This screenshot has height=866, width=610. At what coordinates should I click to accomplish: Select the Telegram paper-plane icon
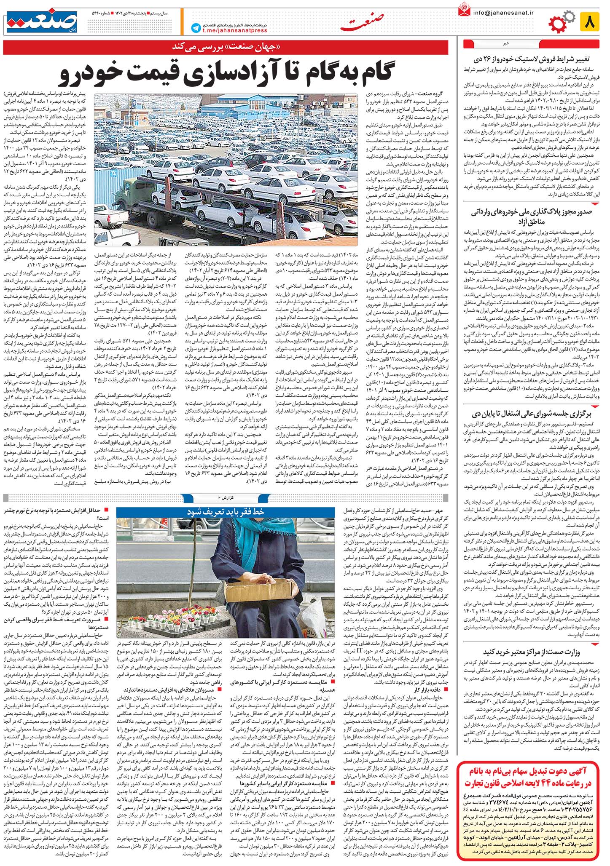click(195, 28)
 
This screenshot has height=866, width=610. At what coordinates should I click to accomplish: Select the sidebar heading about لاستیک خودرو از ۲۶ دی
click(532, 59)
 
